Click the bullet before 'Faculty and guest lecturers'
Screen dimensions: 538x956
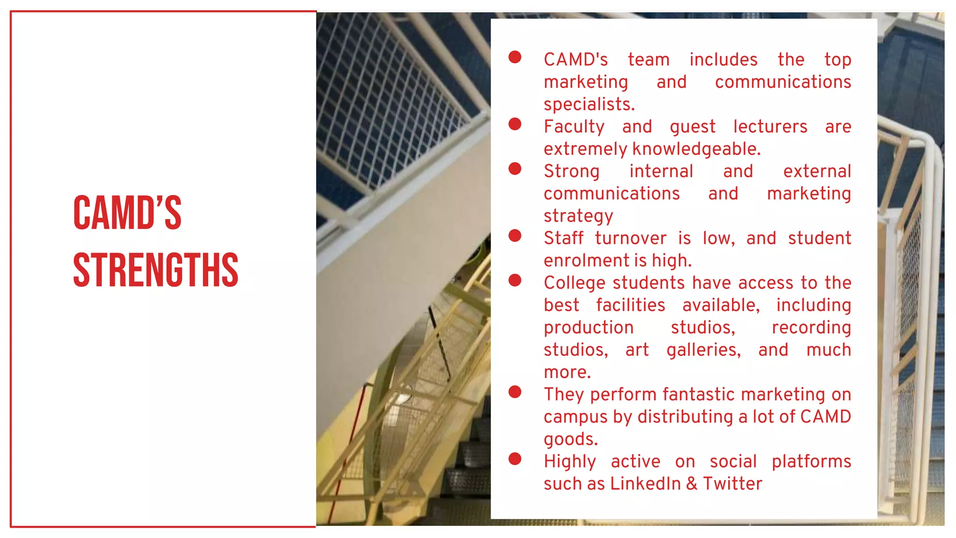(x=515, y=124)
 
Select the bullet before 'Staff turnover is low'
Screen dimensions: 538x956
(x=515, y=236)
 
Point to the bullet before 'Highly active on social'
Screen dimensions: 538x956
(x=515, y=459)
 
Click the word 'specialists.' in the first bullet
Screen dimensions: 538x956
(x=589, y=104)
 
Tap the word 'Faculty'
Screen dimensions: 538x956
(x=574, y=127)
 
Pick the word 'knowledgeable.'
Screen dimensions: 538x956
(x=696, y=149)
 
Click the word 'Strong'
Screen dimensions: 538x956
(x=571, y=171)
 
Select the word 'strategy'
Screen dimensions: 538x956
(x=578, y=216)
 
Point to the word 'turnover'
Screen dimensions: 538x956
(x=631, y=238)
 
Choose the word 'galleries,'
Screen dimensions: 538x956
(x=703, y=350)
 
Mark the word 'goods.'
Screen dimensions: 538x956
(x=570, y=439)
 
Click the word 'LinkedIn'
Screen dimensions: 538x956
(x=645, y=484)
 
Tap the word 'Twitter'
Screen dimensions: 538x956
(x=732, y=484)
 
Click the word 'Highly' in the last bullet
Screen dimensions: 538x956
(x=569, y=462)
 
